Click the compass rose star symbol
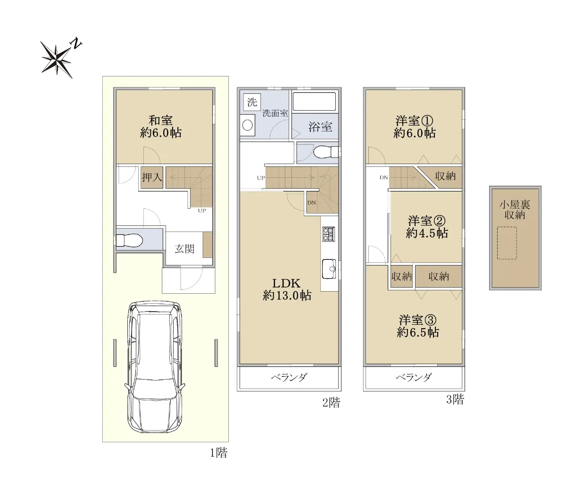click(x=57, y=60)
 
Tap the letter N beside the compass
click(x=76, y=44)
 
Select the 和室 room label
click(x=160, y=120)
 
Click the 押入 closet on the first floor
click(x=152, y=177)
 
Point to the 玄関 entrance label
click(x=184, y=249)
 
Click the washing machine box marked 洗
click(x=252, y=102)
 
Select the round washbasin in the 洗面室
click(x=248, y=125)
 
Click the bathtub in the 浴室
click(x=314, y=101)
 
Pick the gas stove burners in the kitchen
click(x=329, y=234)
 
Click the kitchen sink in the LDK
click(x=329, y=269)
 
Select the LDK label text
click(x=286, y=283)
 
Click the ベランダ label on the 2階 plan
click(x=289, y=377)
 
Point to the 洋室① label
click(x=414, y=121)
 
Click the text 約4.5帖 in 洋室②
click(x=426, y=233)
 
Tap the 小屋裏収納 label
click(x=515, y=210)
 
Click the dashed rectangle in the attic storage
click(x=507, y=243)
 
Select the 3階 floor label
click(x=455, y=399)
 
